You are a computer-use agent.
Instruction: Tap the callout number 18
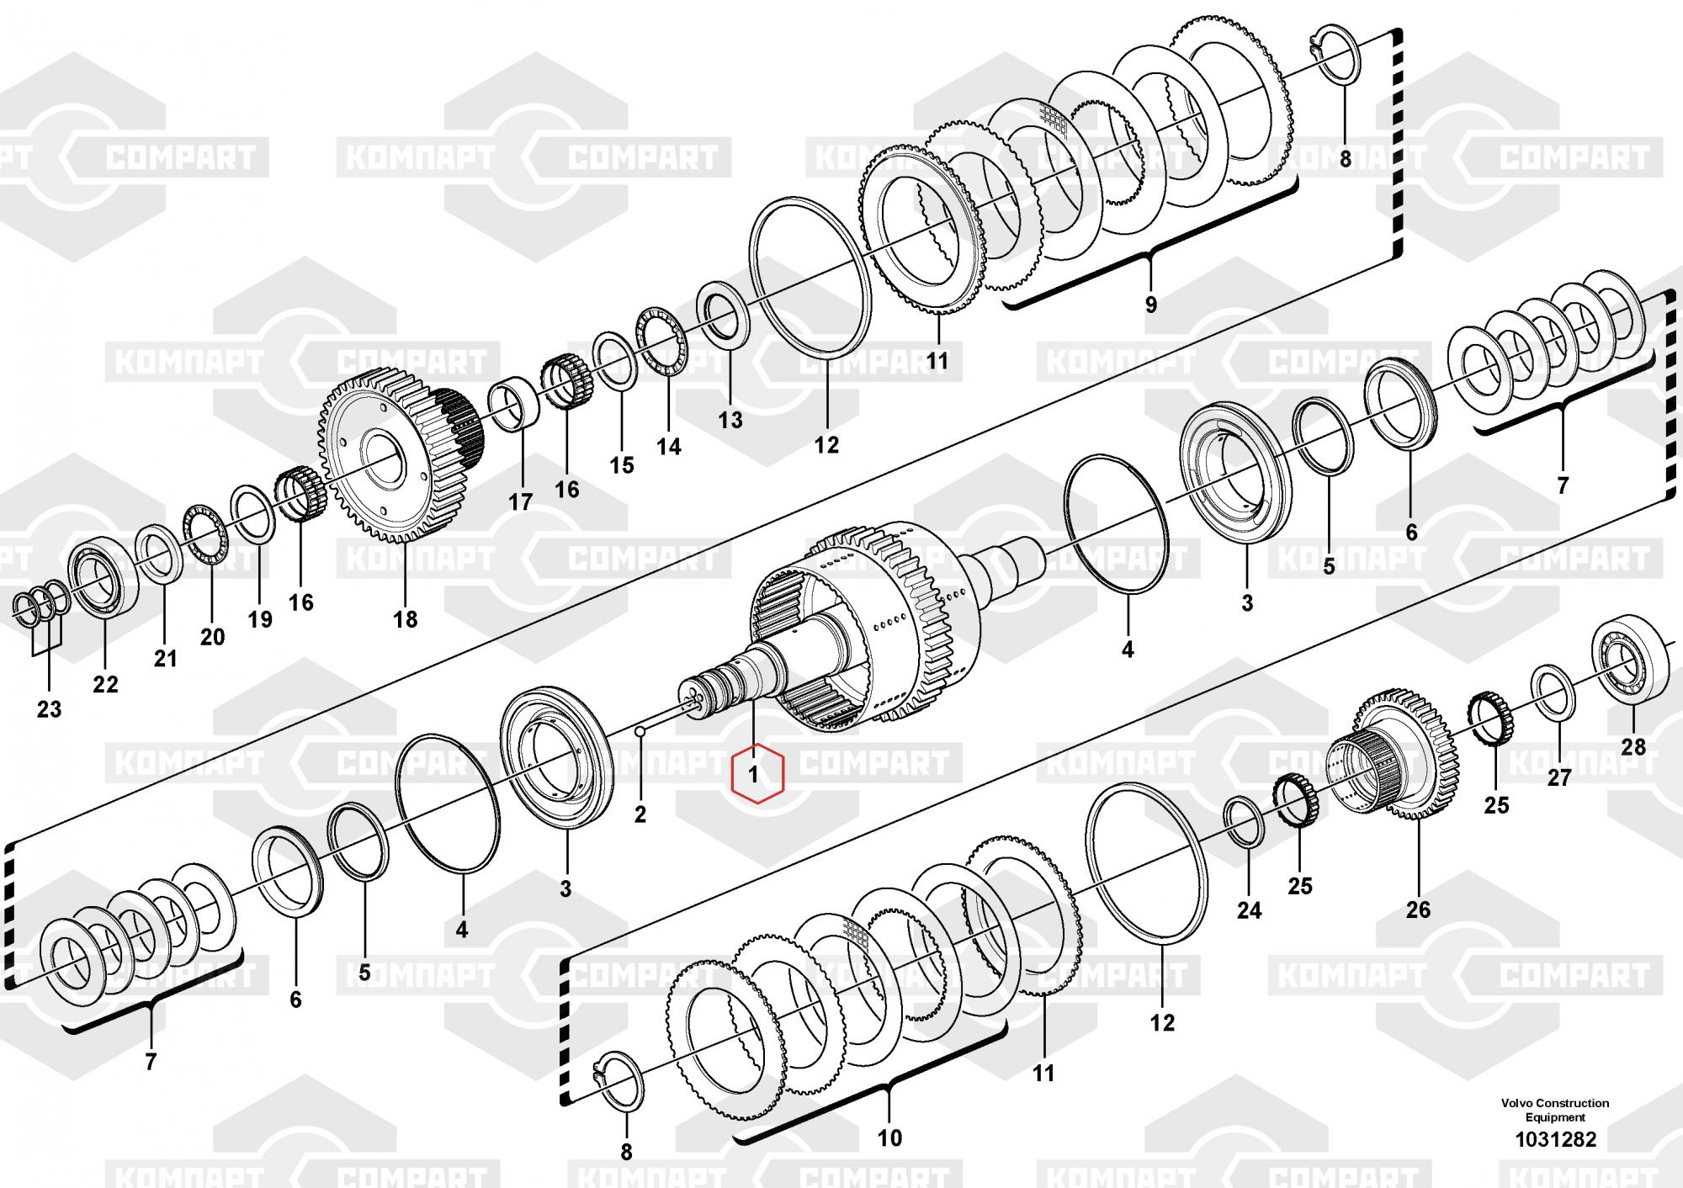pos(406,620)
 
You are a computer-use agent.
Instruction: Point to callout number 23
pos(49,709)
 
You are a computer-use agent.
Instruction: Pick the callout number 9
pos(1150,305)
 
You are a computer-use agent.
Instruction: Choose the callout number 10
pos(889,1138)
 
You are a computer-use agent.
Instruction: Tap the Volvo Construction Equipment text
pos(1555,1110)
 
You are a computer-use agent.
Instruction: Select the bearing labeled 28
pos(1631,666)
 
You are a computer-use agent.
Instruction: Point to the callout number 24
pos(1249,910)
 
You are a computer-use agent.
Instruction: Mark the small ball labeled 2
pos(640,731)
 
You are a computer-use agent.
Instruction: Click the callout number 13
pos(730,419)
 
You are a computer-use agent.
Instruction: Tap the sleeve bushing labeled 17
pos(515,404)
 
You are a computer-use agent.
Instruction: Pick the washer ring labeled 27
pos(1553,692)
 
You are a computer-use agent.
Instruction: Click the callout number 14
pos(669,446)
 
